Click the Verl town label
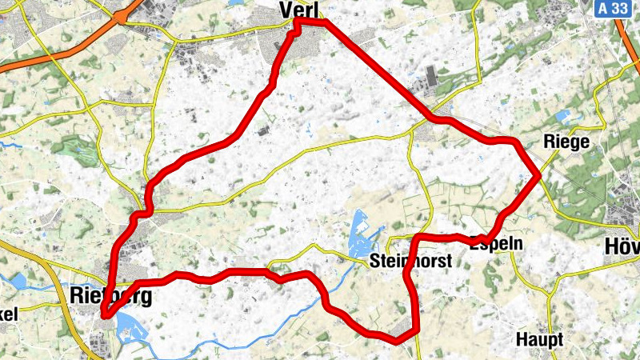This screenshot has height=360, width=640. pyautogui.click(x=299, y=10)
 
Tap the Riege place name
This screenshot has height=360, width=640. pyautogui.click(x=566, y=142)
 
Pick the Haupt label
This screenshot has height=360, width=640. pyautogui.click(x=539, y=339)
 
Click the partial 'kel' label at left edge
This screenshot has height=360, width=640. pyautogui.click(x=8, y=314)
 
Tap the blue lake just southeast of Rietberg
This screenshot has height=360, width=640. pyautogui.click(x=126, y=324)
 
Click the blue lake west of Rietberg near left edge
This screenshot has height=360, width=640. pyautogui.click(x=18, y=281)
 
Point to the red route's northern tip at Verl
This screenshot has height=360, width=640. pyautogui.click(x=298, y=24)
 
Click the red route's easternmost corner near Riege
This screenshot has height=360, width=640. pyautogui.click(x=540, y=174)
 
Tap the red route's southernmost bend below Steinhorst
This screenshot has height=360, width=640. pyautogui.click(x=396, y=341)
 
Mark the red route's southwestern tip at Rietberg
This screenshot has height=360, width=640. pyautogui.click(x=105, y=316)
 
